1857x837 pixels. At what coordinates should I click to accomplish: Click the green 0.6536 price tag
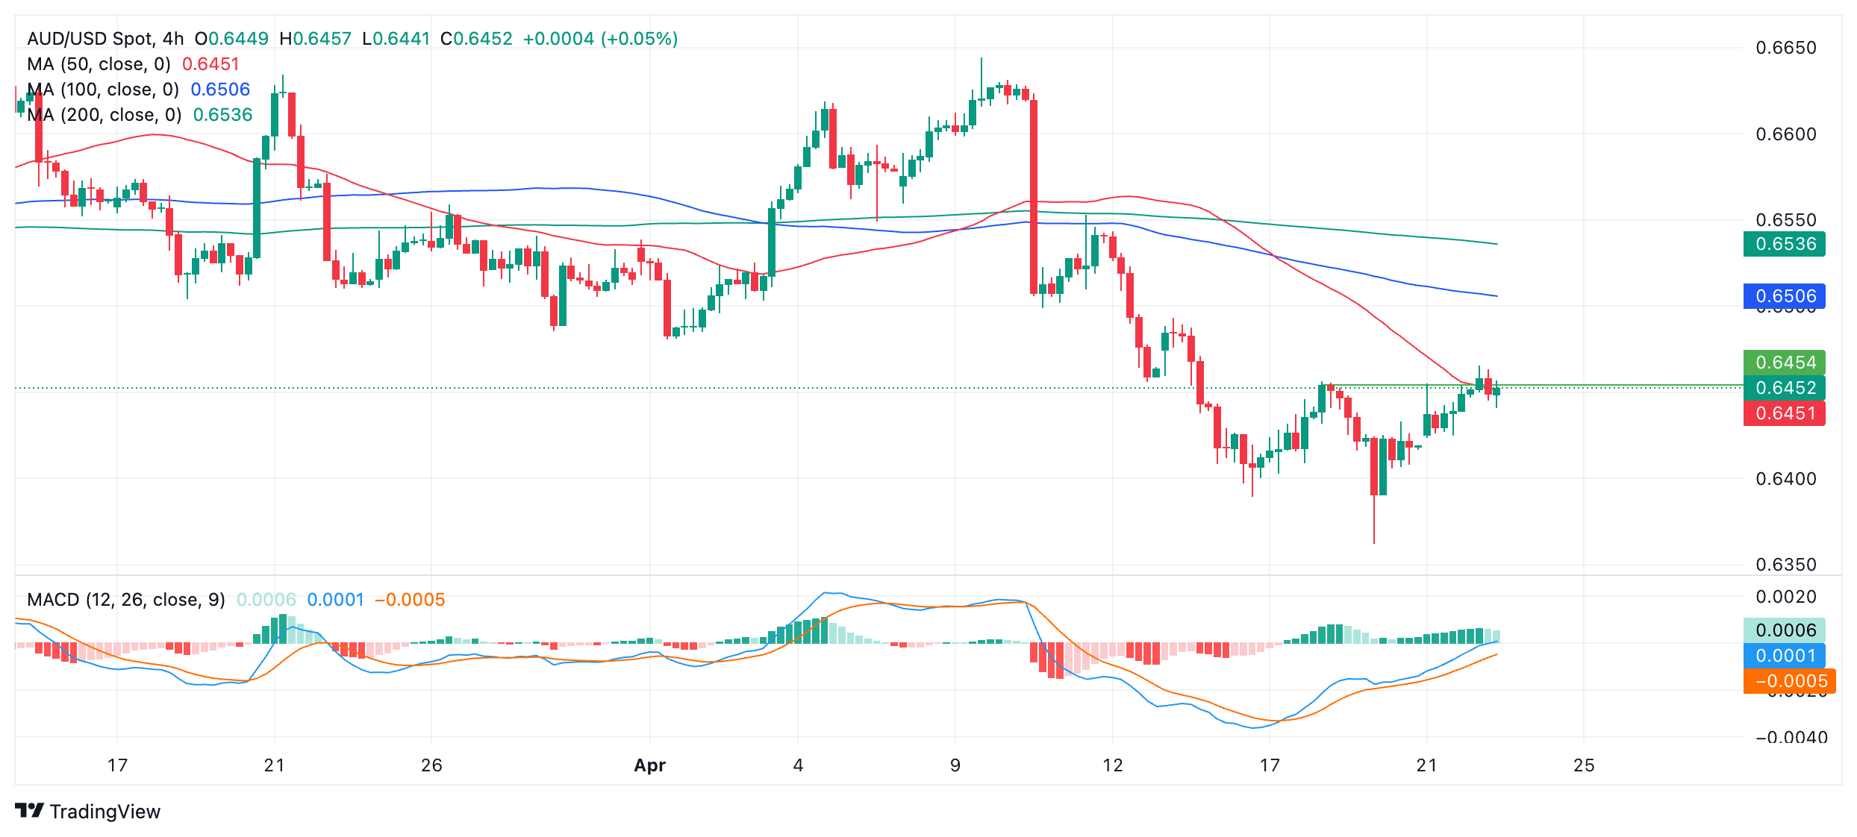(x=1784, y=244)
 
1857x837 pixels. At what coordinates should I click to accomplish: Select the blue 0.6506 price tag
(x=1784, y=296)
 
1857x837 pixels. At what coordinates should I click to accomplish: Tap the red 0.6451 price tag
(x=1784, y=413)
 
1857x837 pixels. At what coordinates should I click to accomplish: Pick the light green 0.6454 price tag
(x=1784, y=363)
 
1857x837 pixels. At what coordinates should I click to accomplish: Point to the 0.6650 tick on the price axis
(x=1785, y=48)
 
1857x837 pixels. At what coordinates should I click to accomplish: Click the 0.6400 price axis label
(x=1785, y=478)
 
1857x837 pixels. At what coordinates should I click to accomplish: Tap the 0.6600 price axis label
(x=1785, y=134)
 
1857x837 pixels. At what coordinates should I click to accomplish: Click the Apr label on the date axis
(x=649, y=765)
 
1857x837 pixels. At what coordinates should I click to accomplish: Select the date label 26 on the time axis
(x=431, y=765)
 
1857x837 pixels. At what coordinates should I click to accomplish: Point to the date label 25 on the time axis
(x=1584, y=765)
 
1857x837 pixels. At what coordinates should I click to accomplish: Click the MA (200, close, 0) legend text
(x=104, y=115)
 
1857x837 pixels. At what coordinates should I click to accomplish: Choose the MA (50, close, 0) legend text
(x=99, y=64)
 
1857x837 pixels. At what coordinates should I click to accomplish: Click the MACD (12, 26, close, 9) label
(x=126, y=600)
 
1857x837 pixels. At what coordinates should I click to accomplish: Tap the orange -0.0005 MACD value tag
(x=1789, y=681)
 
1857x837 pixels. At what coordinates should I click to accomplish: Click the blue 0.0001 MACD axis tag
(x=1784, y=656)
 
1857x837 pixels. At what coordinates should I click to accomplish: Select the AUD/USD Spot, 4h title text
(x=105, y=39)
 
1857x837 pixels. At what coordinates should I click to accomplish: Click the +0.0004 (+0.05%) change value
(x=600, y=39)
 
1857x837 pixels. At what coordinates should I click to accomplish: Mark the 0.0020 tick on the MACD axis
(x=1785, y=597)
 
